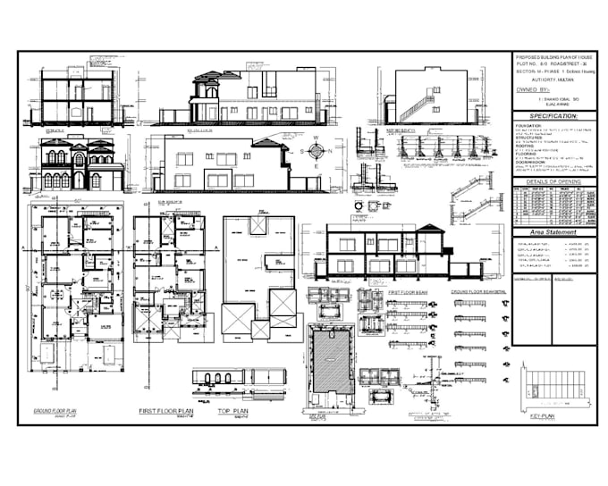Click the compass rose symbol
(315, 152)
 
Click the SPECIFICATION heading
(553, 116)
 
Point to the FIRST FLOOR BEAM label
(406, 292)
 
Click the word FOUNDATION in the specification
(528, 126)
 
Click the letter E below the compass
(315, 165)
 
